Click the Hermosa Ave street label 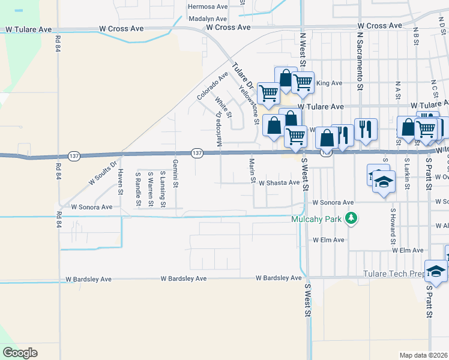[x=208, y=7]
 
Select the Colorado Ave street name [x=212, y=86]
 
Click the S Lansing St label [x=163, y=190]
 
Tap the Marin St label [x=253, y=171]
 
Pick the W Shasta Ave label [x=279, y=182]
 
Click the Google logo [x=20, y=353]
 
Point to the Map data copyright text [x=423, y=355]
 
